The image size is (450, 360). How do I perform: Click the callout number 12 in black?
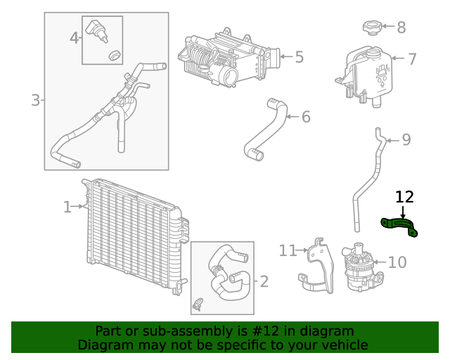[404, 197]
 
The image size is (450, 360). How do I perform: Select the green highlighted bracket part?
[399, 225]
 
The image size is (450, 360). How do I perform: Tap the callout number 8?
[401, 28]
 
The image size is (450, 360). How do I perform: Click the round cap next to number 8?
[371, 28]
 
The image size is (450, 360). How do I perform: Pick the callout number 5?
[299, 57]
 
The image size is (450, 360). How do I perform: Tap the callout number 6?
[306, 117]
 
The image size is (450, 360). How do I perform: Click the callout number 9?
[406, 140]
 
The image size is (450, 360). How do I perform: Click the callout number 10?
[397, 263]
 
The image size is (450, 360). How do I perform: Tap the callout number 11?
[289, 251]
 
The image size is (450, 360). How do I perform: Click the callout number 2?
[264, 282]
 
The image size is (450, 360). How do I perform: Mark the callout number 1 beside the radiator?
[67, 207]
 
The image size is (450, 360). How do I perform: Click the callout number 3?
[35, 101]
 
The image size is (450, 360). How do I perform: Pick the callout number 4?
[75, 38]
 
